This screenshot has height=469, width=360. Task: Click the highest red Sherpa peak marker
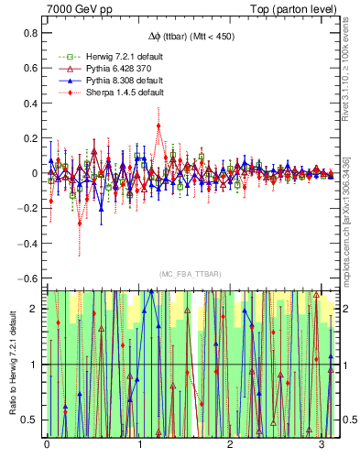point(158,125)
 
